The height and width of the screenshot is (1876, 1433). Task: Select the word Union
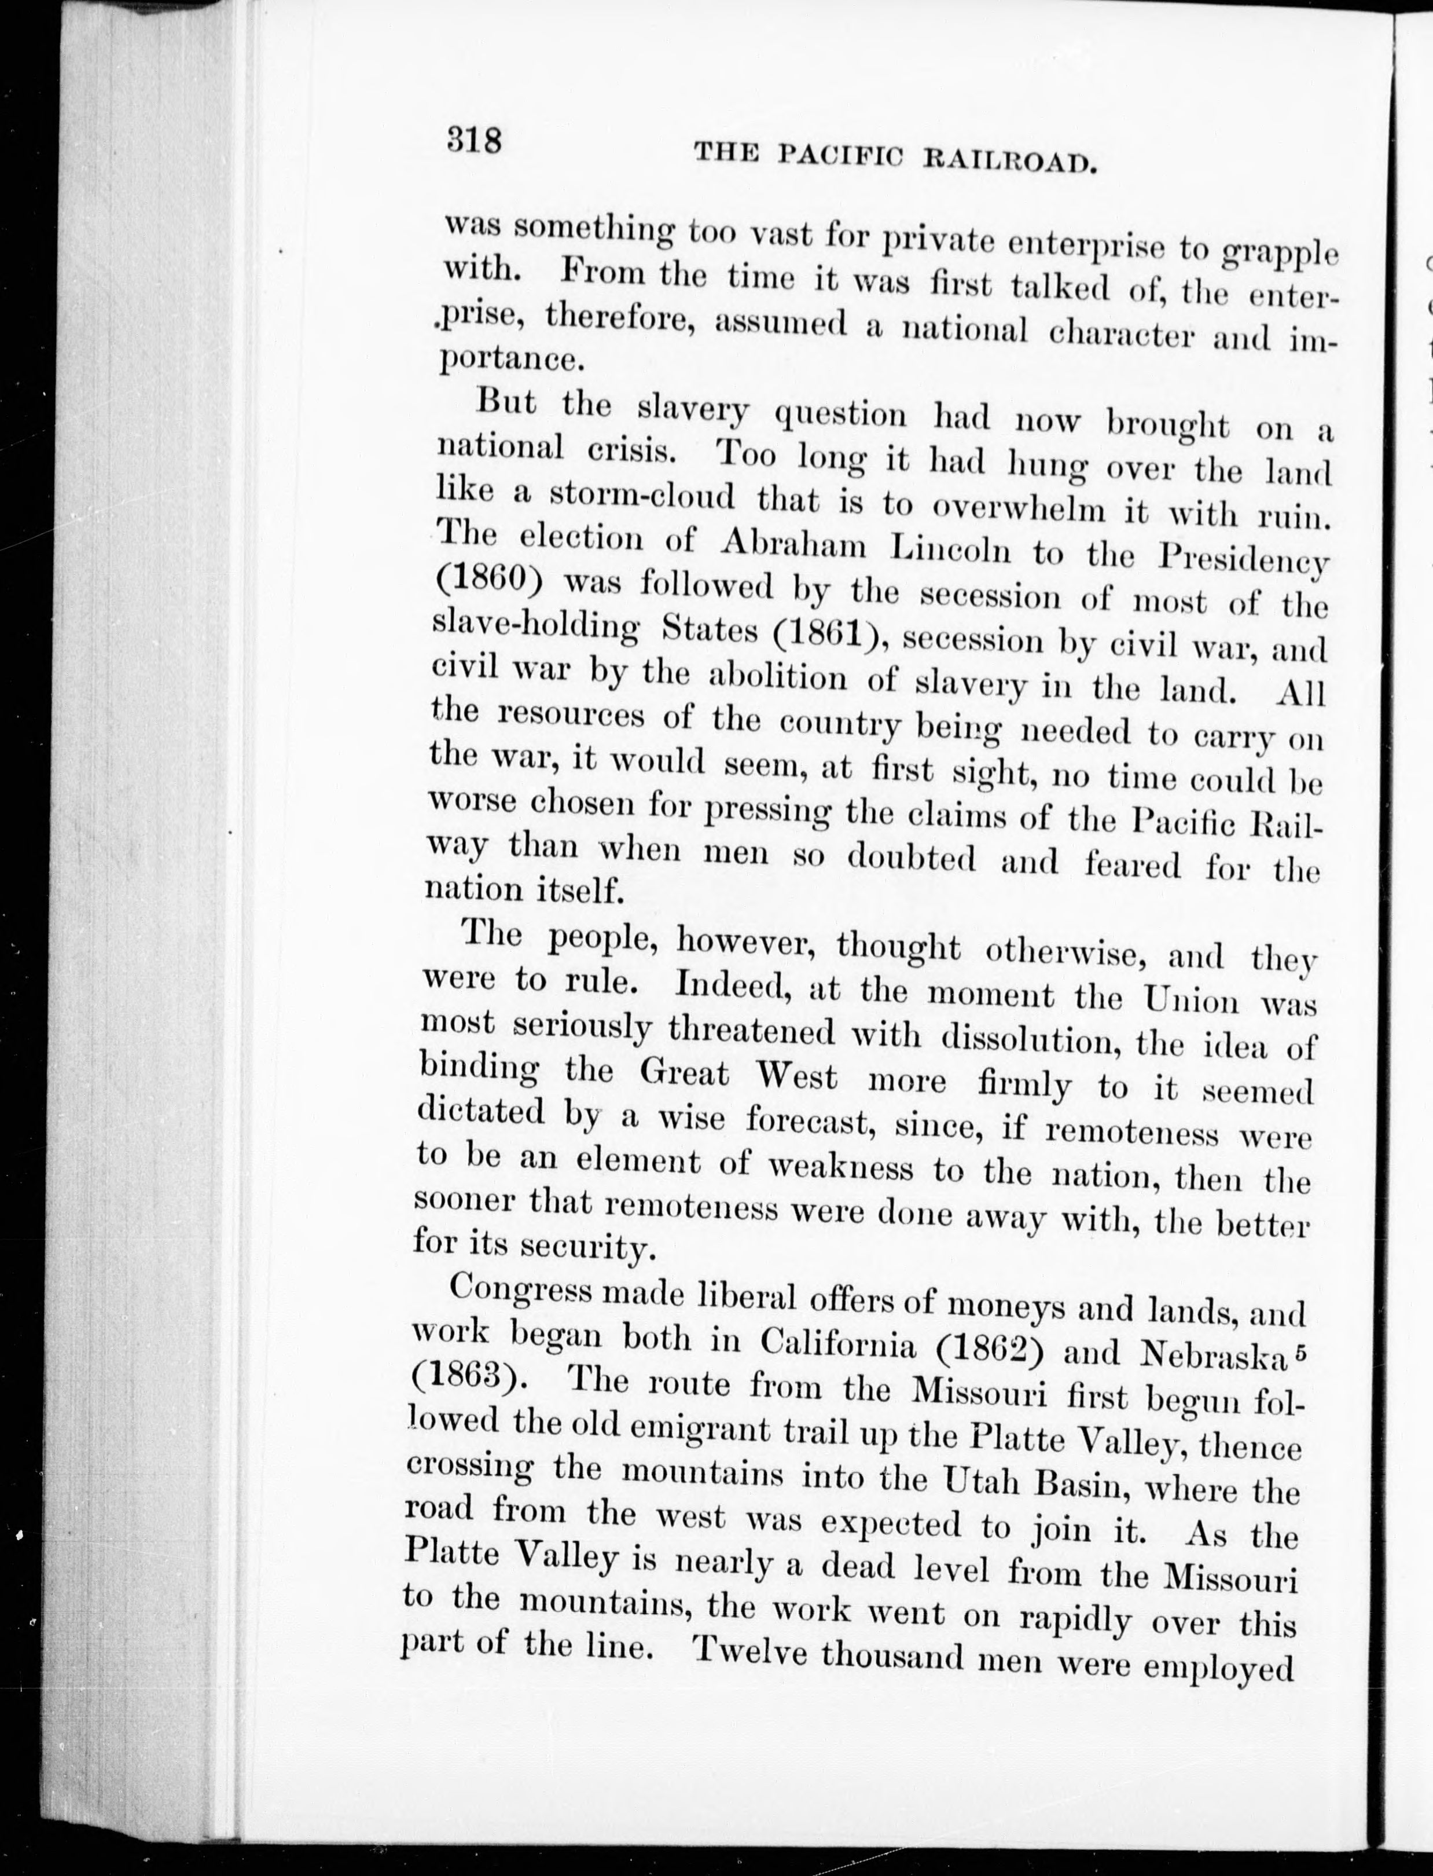1192,999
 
